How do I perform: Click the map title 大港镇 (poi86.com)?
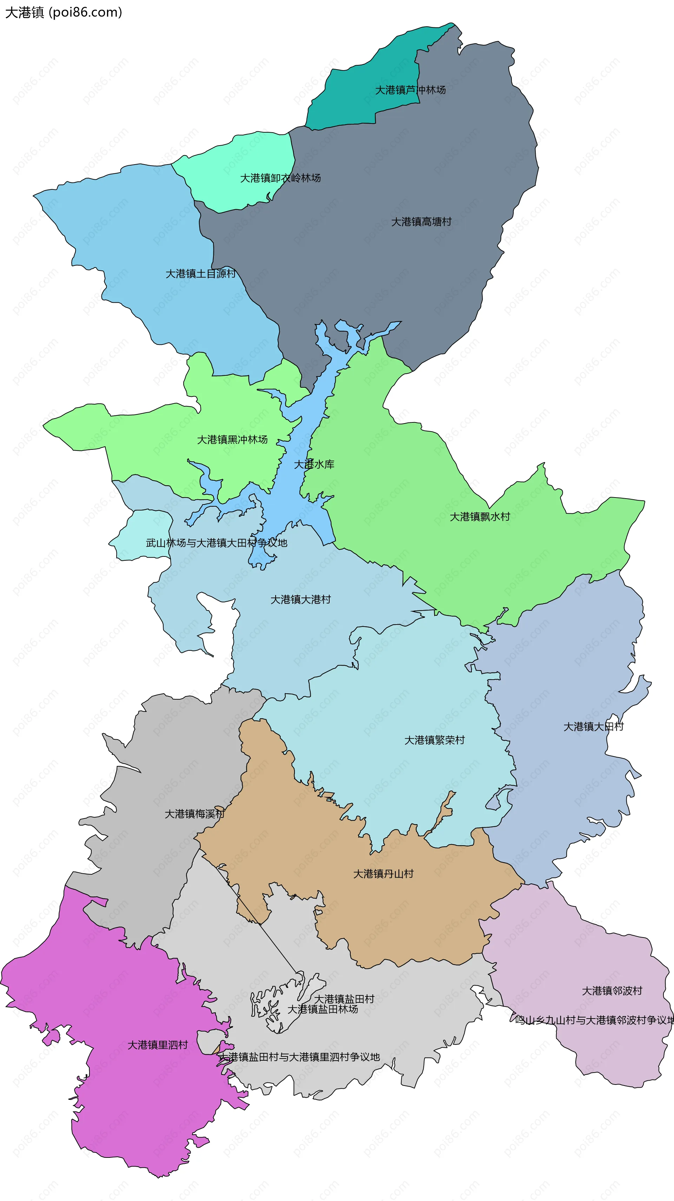pyautogui.click(x=64, y=12)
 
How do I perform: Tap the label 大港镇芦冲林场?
pyautogui.click(x=410, y=90)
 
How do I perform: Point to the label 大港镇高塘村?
pyautogui.click(x=421, y=222)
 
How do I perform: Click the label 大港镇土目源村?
pyautogui.click(x=200, y=274)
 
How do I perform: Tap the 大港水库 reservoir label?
pyautogui.click(x=314, y=464)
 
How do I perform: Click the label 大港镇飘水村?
pyautogui.click(x=480, y=516)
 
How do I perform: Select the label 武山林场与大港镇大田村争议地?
pyautogui.click(x=217, y=543)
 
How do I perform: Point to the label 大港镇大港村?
pyautogui.click(x=300, y=600)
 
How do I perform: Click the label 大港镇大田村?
pyautogui.click(x=593, y=726)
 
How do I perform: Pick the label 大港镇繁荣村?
pyautogui.click(x=434, y=740)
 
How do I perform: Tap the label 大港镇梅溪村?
pyautogui.click(x=194, y=814)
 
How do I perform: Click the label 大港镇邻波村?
pyautogui.click(x=612, y=991)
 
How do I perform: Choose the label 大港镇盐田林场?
pyautogui.click(x=322, y=1009)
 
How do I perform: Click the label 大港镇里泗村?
pyautogui.click(x=158, y=1045)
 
